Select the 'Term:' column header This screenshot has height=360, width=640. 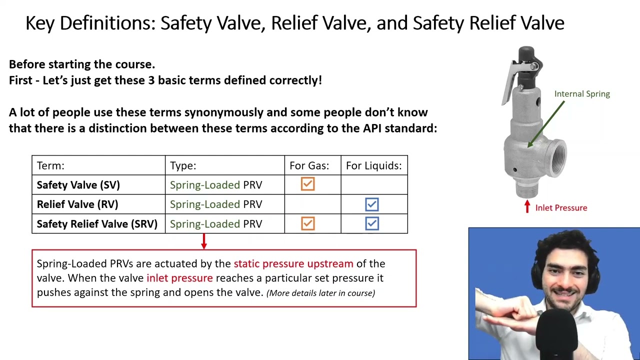pos(50,165)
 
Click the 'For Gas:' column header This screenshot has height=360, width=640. pos(309,165)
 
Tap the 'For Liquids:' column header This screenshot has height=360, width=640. pos(373,165)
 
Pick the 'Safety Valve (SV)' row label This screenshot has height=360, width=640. pos(78,185)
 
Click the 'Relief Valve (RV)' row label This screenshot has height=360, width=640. pos(77,204)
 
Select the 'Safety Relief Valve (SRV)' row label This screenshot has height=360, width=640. pos(97,224)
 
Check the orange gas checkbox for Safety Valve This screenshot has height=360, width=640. pos(308,184)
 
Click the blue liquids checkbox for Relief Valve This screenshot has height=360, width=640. pos(372,204)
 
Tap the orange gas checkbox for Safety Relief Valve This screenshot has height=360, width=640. pos(308,223)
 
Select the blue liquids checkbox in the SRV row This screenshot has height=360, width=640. pos(372,223)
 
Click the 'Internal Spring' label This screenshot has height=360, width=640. pos(582,94)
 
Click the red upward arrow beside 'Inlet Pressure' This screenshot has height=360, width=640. pos(527,206)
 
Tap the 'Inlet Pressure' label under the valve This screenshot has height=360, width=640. pos(561,208)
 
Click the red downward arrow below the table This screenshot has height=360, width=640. pos(203,241)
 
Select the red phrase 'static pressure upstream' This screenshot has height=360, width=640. pos(293,263)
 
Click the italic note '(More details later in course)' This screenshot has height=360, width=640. pos(320,293)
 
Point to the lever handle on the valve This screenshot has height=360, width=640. pos(510,80)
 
